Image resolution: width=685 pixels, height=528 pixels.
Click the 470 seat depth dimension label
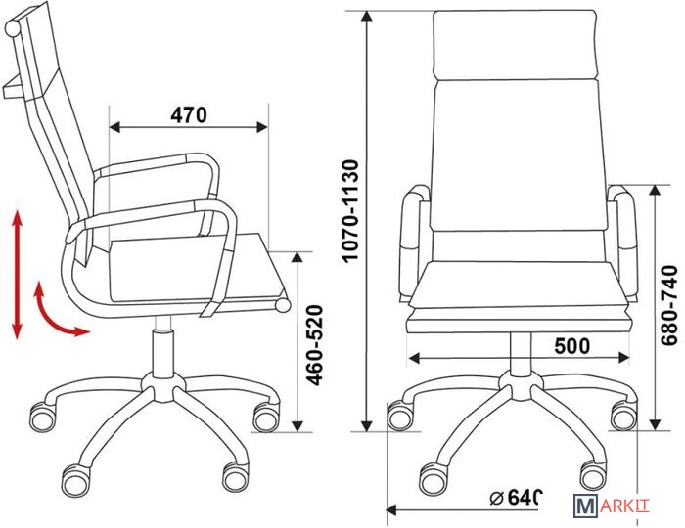189,114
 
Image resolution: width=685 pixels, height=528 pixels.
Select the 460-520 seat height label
314,345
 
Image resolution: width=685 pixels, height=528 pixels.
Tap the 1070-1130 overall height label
350,211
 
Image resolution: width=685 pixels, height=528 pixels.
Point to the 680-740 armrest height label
668,305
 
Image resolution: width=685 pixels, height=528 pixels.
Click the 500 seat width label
571,346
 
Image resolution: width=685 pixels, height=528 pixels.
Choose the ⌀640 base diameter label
516,497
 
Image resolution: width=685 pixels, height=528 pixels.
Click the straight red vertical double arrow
17,275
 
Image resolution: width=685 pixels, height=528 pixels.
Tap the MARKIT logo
612,506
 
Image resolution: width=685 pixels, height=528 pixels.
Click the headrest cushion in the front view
515,45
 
